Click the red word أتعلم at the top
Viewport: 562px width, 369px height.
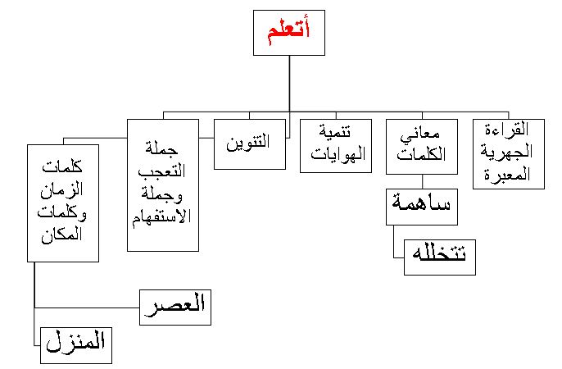pyautogui.click(x=289, y=31)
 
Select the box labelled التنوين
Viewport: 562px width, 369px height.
pyautogui.click(x=250, y=144)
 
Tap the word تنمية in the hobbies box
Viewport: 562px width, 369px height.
pyautogui.click(x=335, y=131)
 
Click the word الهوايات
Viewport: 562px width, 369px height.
pyautogui.click(x=338, y=154)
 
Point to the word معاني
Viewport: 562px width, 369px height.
pyautogui.click(x=419, y=134)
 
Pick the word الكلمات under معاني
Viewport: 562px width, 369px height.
pyautogui.click(x=421, y=154)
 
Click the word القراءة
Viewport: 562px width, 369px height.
pyautogui.click(x=507, y=130)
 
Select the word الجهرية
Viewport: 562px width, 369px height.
pyautogui.click(x=506, y=152)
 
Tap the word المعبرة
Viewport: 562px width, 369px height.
pyautogui.click(x=507, y=175)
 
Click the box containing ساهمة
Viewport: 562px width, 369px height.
pyautogui.click(x=422, y=207)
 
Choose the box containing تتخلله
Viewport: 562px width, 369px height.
pyautogui.click(x=440, y=257)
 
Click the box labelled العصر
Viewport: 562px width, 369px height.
pyautogui.click(x=175, y=307)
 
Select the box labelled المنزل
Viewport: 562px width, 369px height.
pyautogui.click(x=76, y=345)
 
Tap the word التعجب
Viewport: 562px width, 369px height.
pyautogui.click(x=161, y=171)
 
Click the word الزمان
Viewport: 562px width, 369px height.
pyautogui.click(x=61, y=190)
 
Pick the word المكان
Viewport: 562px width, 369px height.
pyautogui.click(x=61, y=235)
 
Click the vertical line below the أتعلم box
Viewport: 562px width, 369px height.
pyautogui.click(x=289, y=84)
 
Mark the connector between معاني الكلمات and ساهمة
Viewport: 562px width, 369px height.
pyautogui.click(x=422, y=182)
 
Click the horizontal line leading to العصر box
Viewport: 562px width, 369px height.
pyautogui.click(x=87, y=307)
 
